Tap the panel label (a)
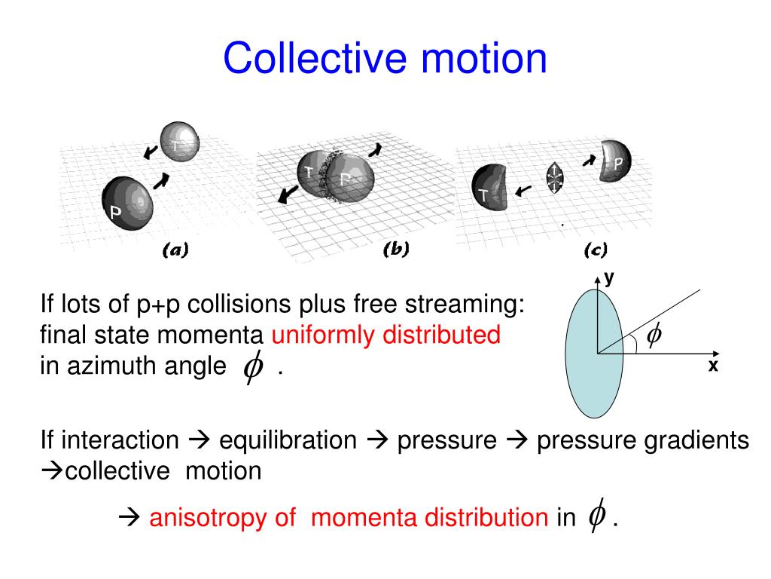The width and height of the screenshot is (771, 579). [175, 250]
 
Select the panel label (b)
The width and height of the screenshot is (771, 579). [395, 250]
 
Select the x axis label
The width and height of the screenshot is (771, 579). [712, 366]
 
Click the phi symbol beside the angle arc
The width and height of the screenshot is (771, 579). [654, 334]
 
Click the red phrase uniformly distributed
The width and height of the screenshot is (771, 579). [386, 335]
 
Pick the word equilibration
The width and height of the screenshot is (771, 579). [288, 440]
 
